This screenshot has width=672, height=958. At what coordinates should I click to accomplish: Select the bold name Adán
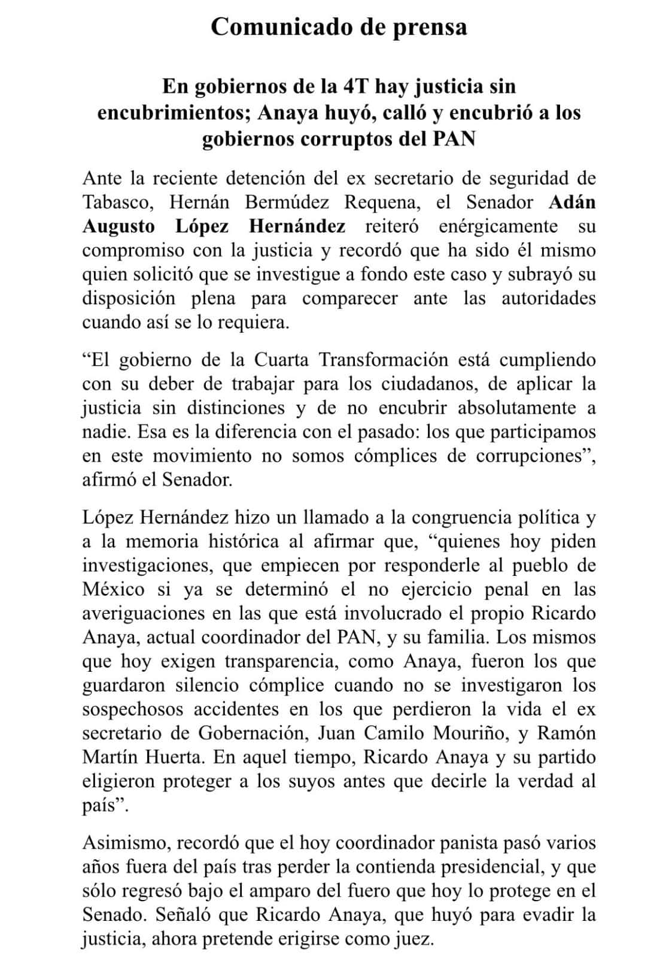(x=572, y=202)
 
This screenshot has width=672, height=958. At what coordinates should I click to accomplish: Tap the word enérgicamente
(x=498, y=226)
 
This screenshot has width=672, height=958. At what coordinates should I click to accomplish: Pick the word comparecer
(x=349, y=298)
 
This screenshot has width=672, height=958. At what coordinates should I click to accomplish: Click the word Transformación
(x=383, y=360)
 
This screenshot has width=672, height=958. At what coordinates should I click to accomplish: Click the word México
(x=114, y=589)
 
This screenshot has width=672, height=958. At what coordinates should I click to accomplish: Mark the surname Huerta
(x=168, y=757)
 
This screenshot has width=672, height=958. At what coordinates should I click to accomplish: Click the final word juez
(x=414, y=939)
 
